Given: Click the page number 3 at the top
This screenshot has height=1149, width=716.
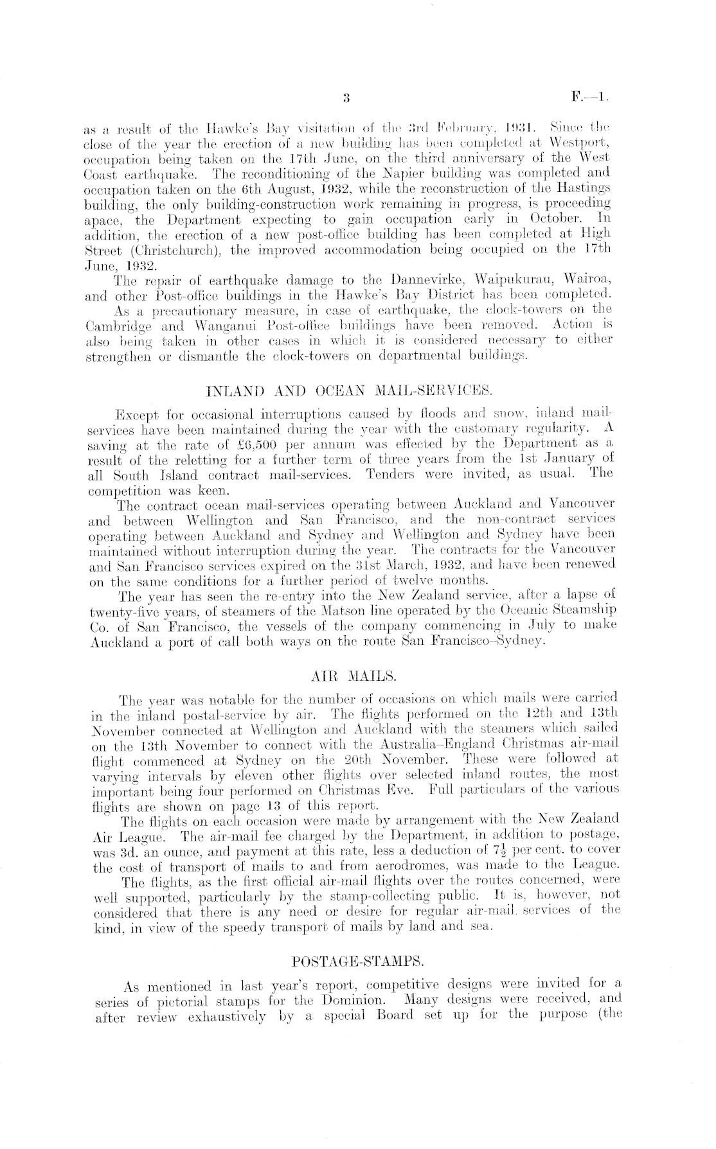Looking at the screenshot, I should [x=346, y=98].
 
